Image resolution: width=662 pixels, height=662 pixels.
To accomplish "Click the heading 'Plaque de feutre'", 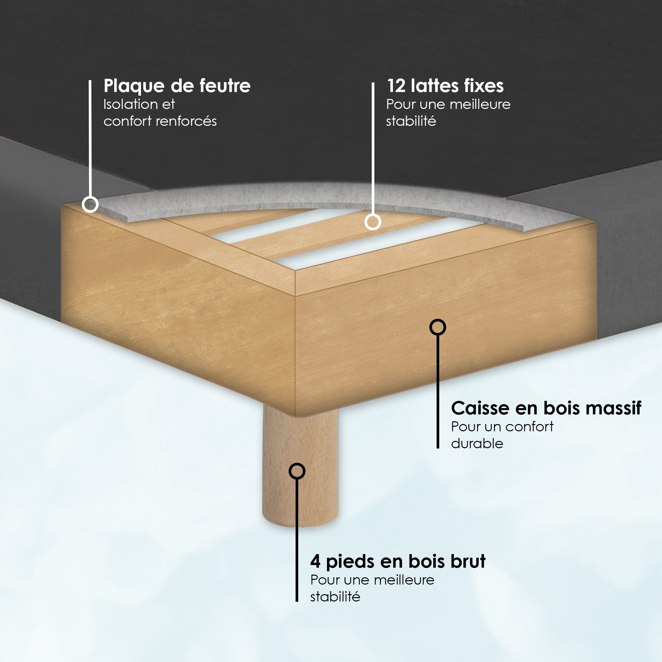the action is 177,86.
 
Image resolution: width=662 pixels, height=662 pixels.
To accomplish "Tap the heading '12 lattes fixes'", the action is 445,86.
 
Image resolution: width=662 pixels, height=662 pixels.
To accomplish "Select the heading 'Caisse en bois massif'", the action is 546,408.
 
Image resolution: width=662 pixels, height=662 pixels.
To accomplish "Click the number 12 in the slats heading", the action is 396,86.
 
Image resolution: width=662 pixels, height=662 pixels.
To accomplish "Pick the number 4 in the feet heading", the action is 315,562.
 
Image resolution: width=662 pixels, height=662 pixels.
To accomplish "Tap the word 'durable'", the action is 477,444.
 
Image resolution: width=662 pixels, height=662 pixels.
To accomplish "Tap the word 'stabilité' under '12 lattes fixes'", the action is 411,121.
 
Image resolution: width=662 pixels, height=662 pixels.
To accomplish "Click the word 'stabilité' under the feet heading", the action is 335,597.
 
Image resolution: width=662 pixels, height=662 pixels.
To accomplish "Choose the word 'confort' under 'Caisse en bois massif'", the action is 529,427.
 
